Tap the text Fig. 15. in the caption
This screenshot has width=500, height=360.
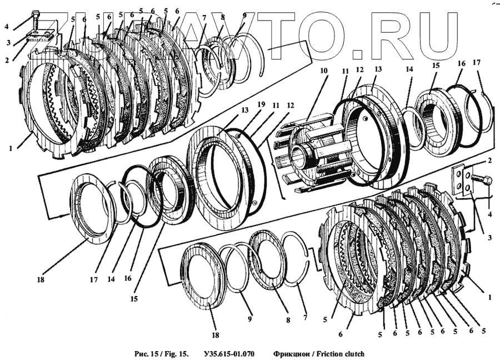(177, 353)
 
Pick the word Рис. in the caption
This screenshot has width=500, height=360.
(142, 353)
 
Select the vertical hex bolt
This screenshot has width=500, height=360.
(36, 21)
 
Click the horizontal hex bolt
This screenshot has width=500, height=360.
(482, 181)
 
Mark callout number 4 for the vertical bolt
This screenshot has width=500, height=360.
(7, 26)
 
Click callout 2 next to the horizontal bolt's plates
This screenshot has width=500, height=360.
(489, 160)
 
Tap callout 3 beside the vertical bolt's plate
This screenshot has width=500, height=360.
(8, 42)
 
